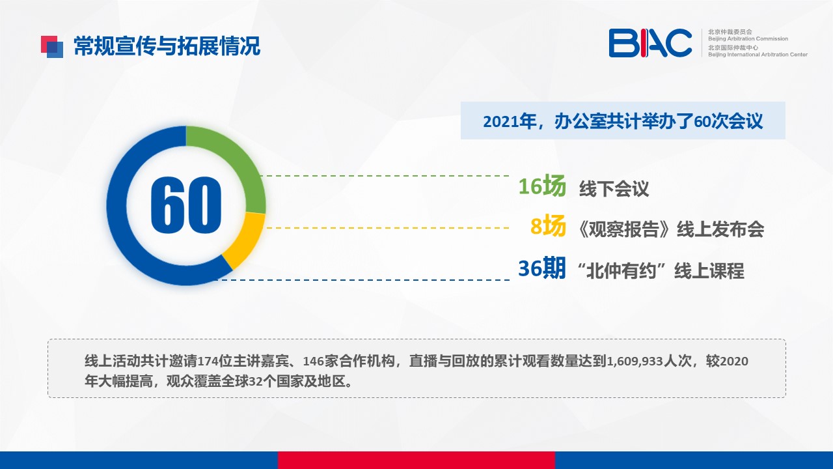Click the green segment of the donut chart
(x=238, y=160)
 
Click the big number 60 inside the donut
(x=186, y=205)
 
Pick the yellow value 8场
(x=548, y=225)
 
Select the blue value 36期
(x=542, y=268)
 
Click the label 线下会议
(x=614, y=189)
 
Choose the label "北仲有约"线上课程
(x=661, y=270)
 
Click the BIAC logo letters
(x=650, y=43)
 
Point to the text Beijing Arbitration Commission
(x=748, y=38)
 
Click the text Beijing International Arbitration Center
(x=758, y=55)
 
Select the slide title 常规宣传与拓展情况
(x=167, y=46)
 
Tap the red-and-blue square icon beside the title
(x=52, y=47)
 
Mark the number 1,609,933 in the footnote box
(x=635, y=361)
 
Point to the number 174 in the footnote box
(x=208, y=361)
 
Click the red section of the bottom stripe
(x=416, y=460)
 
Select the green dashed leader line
(x=384, y=176)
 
